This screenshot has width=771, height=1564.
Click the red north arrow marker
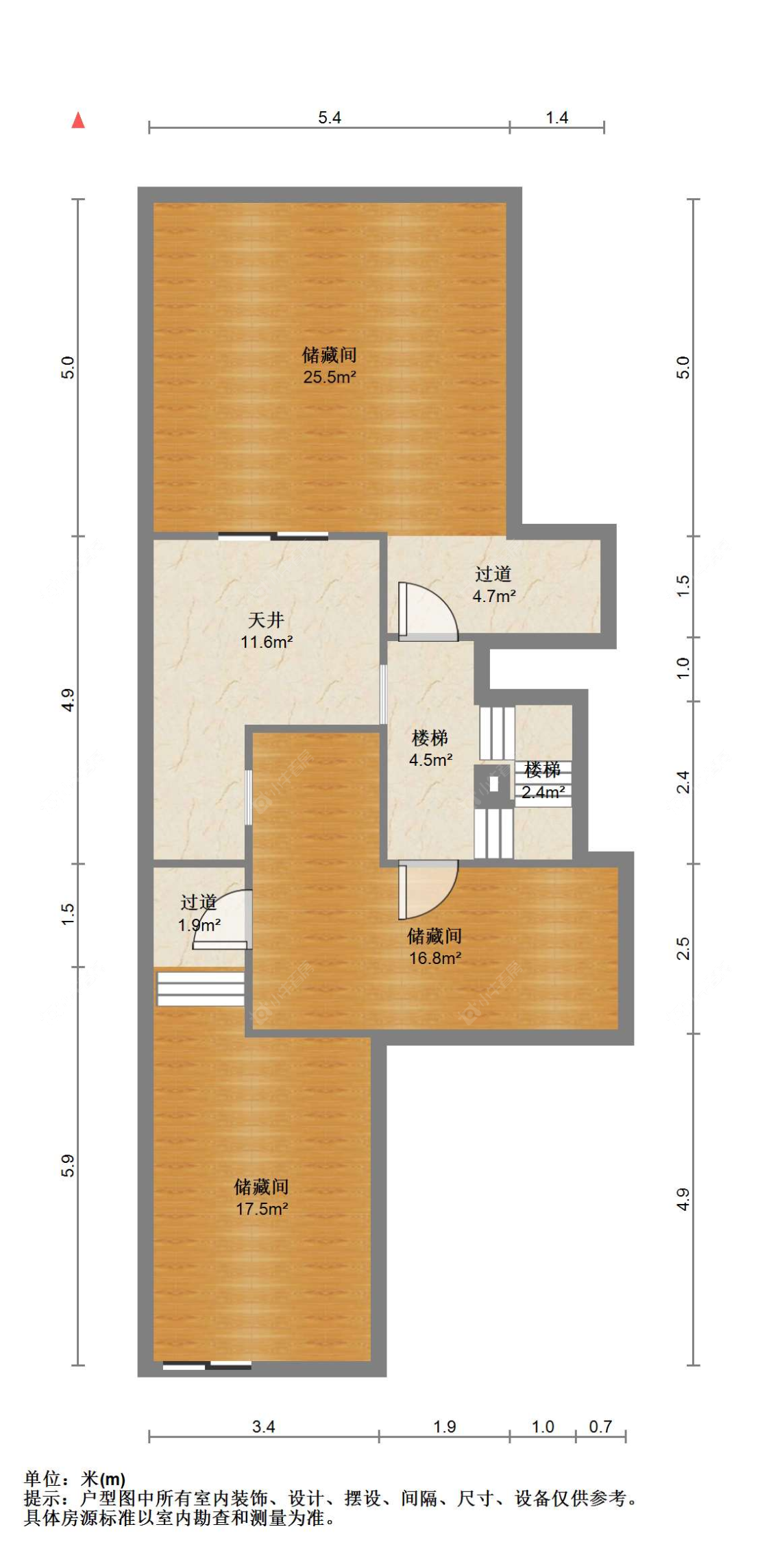tap(78, 121)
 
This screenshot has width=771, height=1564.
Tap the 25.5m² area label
tap(330, 376)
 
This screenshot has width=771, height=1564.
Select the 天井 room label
tap(266, 620)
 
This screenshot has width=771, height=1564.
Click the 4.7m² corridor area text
tap(493, 596)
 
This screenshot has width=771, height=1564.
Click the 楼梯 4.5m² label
tap(430, 748)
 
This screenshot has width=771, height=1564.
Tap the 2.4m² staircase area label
tap(543, 792)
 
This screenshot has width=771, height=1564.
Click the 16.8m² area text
tap(435, 958)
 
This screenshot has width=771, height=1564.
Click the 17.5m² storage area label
tap(261, 1209)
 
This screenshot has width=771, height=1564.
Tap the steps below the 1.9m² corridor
tap(200, 989)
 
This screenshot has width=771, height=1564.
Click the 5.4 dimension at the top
tap(329, 117)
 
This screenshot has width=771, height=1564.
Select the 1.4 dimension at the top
tap(556, 117)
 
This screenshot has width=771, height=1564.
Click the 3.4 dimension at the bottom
tap(263, 1427)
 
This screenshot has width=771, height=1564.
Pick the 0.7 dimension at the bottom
tap(600, 1427)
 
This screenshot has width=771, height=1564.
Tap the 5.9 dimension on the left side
tap(68, 1166)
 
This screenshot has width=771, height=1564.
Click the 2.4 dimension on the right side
tap(683, 782)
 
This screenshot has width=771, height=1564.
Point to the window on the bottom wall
tap(207, 1366)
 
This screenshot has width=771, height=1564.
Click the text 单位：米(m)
tap(75, 1480)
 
